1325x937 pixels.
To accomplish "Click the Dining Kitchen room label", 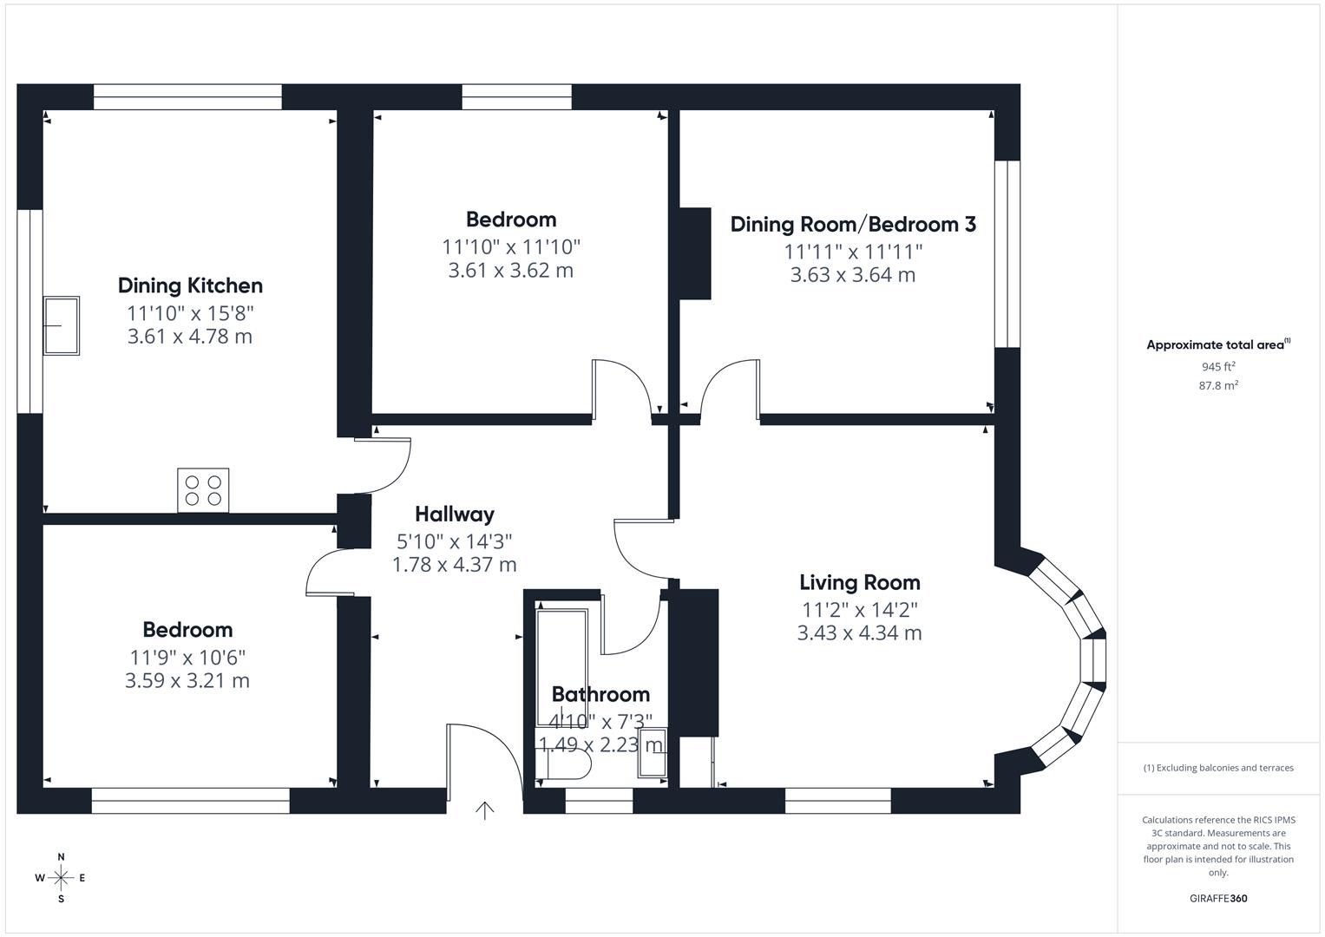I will click(190, 285).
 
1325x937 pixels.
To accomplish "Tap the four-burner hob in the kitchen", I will click(204, 490).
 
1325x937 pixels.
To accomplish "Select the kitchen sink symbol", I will click(62, 326).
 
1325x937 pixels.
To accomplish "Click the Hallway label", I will click(454, 514).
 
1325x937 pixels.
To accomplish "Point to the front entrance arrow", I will click(484, 810).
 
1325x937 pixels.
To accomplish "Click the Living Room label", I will click(859, 582).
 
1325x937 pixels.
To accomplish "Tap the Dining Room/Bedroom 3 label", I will click(852, 225).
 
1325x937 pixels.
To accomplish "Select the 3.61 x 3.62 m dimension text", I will click(510, 271).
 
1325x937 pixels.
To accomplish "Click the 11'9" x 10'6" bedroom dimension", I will click(187, 657).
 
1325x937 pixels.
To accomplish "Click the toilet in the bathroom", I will click(565, 766).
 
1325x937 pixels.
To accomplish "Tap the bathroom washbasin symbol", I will click(652, 753).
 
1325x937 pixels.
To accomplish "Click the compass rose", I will click(61, 878).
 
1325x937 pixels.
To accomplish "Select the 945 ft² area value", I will click(1217, 367).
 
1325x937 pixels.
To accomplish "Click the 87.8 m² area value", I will click(1217, 386).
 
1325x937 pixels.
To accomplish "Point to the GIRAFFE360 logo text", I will click(1217, 898).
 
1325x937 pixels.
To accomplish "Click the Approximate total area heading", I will click(1217, 345).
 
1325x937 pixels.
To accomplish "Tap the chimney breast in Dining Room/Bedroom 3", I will click(695, 253).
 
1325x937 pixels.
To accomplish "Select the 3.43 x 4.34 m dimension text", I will click(859, 633).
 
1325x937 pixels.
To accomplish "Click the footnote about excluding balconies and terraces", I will click(1217, 768).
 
